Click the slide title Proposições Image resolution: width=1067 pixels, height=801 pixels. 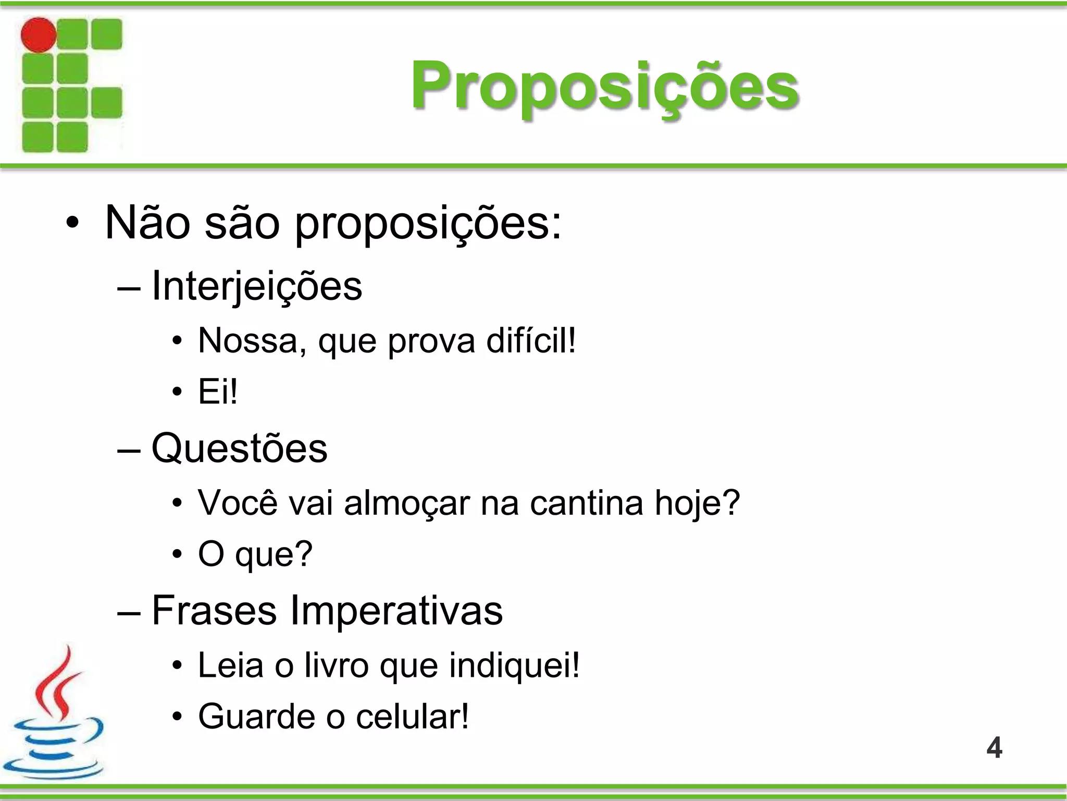click(604, 86)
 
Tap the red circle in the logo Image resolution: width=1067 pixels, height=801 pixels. click(39, 35)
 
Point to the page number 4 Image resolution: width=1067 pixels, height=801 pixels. click(994, 748)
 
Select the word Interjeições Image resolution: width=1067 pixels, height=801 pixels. click(256, 286)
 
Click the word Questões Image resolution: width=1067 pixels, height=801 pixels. click(239, 448)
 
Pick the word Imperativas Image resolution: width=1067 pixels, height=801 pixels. click(396, 611)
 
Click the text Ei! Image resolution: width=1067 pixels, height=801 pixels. click(218, 392)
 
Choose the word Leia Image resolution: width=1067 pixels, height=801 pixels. click(230, 665)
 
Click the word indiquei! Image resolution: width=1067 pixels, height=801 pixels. click(514, 665)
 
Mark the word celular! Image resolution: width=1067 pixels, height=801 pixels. click(412, 717)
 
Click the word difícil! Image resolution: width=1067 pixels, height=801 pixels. click(531, 341)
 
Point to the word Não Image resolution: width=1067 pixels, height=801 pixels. click(147, 223)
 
